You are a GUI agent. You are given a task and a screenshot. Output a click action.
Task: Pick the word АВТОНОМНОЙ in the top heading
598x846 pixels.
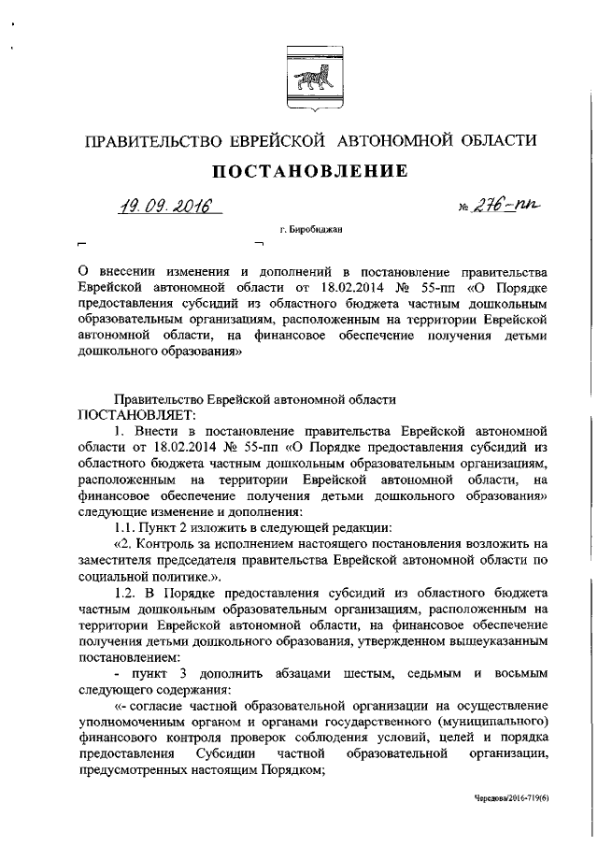click(401, 141)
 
